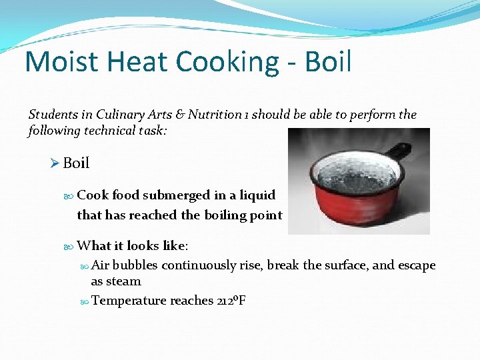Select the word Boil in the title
328,62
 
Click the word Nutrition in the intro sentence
214,115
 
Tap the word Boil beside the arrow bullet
76,163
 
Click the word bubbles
135,265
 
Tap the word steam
126,281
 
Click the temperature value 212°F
231,301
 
